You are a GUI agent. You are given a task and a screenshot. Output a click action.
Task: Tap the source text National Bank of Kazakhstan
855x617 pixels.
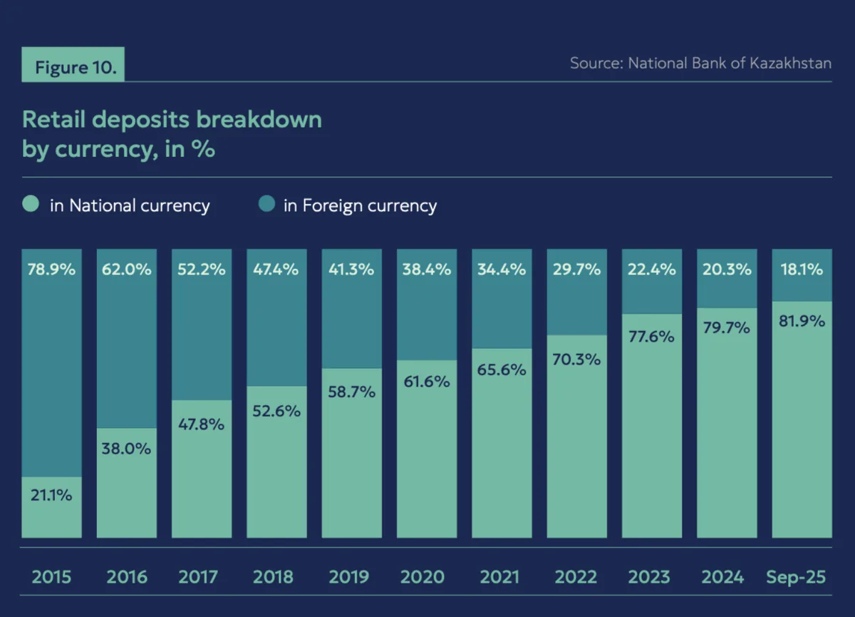[700, 63]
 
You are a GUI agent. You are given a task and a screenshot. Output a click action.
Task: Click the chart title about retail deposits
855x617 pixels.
[172, 134]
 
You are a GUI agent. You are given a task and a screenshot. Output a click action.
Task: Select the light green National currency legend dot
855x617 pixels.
[31, 205]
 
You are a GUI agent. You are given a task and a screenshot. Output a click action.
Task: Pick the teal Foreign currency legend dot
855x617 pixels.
[266, 205]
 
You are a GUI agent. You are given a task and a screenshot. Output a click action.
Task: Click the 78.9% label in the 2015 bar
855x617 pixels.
[52, 270]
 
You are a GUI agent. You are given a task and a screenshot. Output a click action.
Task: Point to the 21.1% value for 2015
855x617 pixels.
[52, 494]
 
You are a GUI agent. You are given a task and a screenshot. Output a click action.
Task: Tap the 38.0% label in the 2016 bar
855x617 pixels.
[127, 449]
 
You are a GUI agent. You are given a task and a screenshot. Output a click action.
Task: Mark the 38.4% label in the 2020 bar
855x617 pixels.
[427, 270]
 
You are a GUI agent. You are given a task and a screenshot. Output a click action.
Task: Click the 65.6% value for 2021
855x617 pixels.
[502, 369]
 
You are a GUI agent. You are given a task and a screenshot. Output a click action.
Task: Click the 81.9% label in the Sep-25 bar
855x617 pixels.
[802, 322]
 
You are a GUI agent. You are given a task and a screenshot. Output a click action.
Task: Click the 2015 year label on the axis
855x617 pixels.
[52, 576]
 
